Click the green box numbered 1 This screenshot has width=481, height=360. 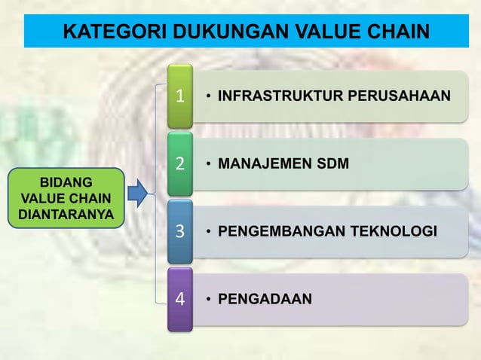[179, 96]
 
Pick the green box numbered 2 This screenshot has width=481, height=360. [179, 163]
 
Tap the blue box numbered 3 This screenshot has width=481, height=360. [179, 230]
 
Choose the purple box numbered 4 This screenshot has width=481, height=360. [179, 298]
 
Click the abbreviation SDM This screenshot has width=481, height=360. [332, 163]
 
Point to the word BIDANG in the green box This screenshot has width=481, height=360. [66, 183]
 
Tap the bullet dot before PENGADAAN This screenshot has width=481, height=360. [208, 299]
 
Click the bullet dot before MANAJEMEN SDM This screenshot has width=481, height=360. [208, 163]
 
